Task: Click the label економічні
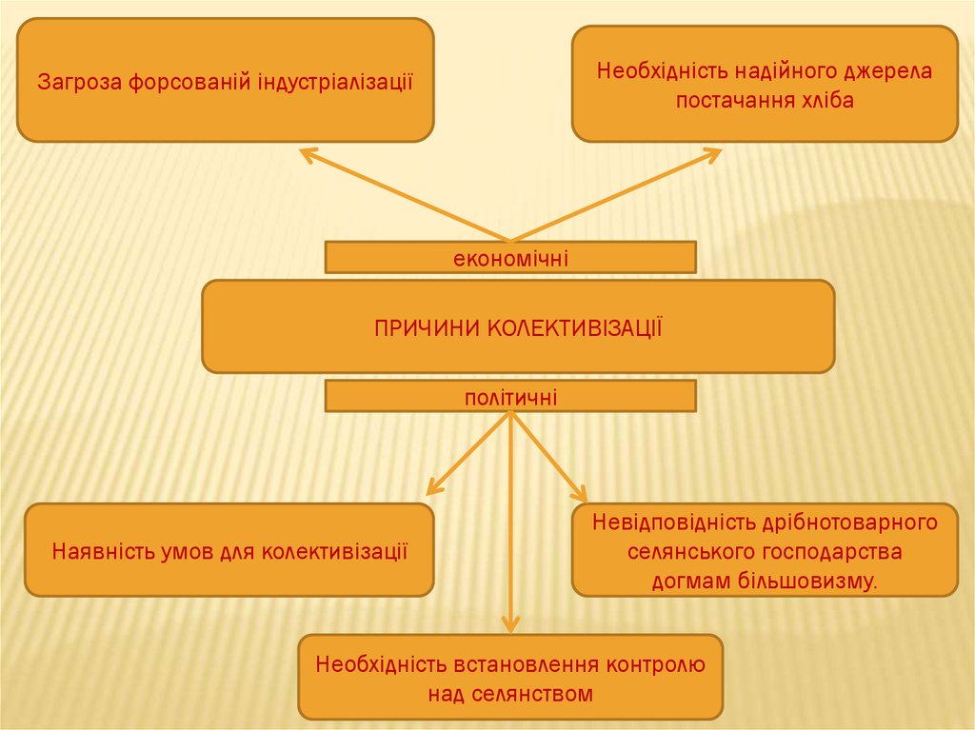click(510, 258)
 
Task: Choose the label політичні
click(510, 397)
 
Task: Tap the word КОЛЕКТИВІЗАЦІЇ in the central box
click(575, 328)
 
